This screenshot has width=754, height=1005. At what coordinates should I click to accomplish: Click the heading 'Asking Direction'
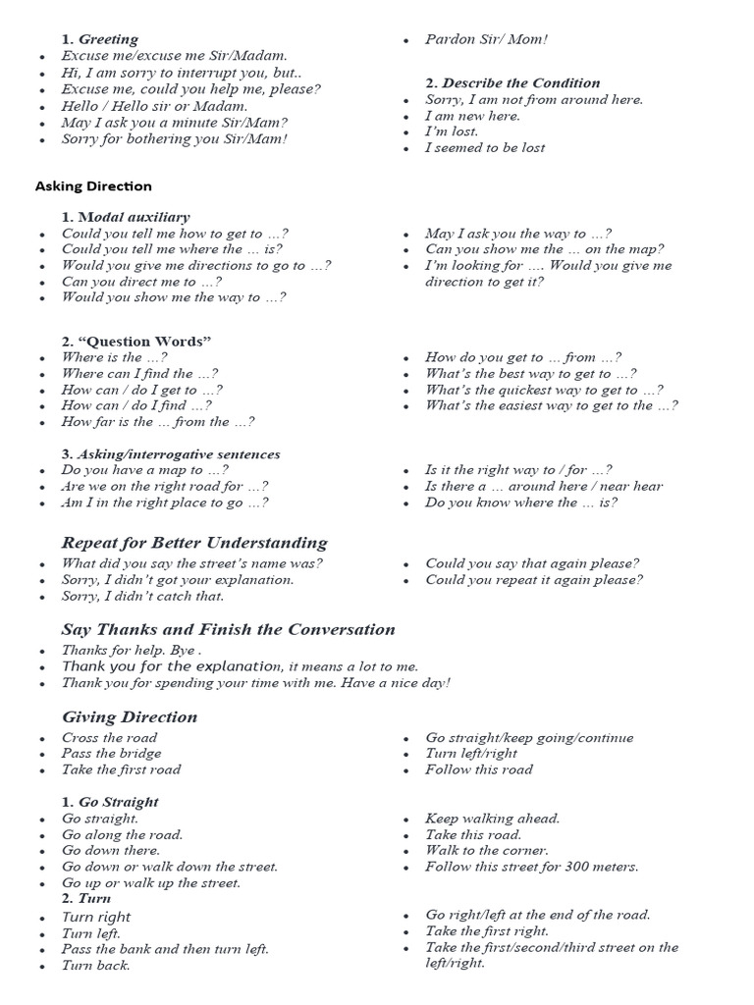click(x=93, y=185)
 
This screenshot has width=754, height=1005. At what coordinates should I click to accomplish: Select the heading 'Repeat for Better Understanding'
click(x=194, y=543)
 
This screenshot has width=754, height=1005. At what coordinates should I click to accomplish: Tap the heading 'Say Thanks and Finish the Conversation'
click(x=228, y=629)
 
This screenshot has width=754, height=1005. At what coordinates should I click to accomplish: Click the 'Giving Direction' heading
click(x=130, y=716)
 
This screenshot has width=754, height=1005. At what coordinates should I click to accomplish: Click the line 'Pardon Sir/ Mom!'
click(x=486, y=39)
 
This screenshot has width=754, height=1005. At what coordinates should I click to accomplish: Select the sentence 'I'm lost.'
click(x=452, y=132)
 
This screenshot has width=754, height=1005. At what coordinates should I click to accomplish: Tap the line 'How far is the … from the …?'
click(x=158, y=422)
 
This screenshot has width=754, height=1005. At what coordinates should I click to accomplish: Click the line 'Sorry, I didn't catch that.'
click(x=142, y=596)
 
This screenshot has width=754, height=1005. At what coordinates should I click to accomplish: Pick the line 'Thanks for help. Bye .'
click(x=132, y=650)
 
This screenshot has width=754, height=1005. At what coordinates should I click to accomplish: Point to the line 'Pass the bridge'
click(x=111, y=754)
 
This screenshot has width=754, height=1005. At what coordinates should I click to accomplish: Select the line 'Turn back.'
click(x=95, y=965)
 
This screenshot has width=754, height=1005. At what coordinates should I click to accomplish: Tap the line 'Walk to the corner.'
click(x=486, y=851)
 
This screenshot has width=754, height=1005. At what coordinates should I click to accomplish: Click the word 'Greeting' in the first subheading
click(x=108, y=39)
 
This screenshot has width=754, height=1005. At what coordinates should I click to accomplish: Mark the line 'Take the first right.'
click(x=486, y=931)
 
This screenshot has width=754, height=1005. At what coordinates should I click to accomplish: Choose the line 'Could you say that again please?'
click(x=532, y=563)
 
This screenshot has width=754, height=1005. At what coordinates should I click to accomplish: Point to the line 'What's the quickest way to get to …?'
click(x=543, y=390)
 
